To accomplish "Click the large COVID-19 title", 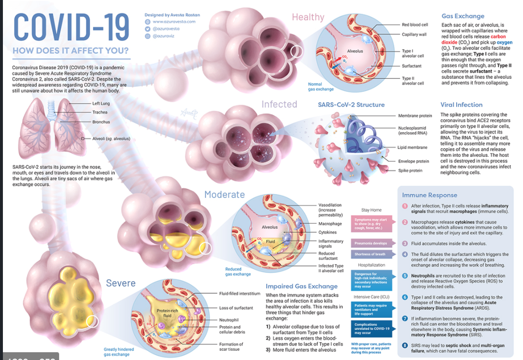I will click(71, 28).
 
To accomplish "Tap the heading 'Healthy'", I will click(308, 17).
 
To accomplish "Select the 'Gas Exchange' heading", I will click(462, 16).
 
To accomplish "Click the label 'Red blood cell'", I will click(415, 25).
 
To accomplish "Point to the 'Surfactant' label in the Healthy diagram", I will click(412, 66).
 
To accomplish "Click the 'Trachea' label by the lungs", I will click(100, 112).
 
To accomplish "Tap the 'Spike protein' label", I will click(410, 170).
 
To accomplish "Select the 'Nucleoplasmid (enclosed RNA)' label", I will click(412, 130).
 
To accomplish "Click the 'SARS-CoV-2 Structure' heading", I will click(351, 105).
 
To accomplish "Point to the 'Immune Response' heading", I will click(430, 195).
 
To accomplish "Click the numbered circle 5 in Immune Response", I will click(405, 276).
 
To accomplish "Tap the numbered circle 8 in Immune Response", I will click(405, 345).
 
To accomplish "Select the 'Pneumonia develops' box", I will click(370, 243).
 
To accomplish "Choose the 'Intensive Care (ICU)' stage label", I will click(371, 297).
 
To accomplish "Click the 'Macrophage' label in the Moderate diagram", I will click(330, 224).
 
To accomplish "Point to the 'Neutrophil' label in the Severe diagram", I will click(229, 320).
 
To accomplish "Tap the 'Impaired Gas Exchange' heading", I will click(301, 286).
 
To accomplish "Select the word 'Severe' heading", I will click(121, 283).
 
